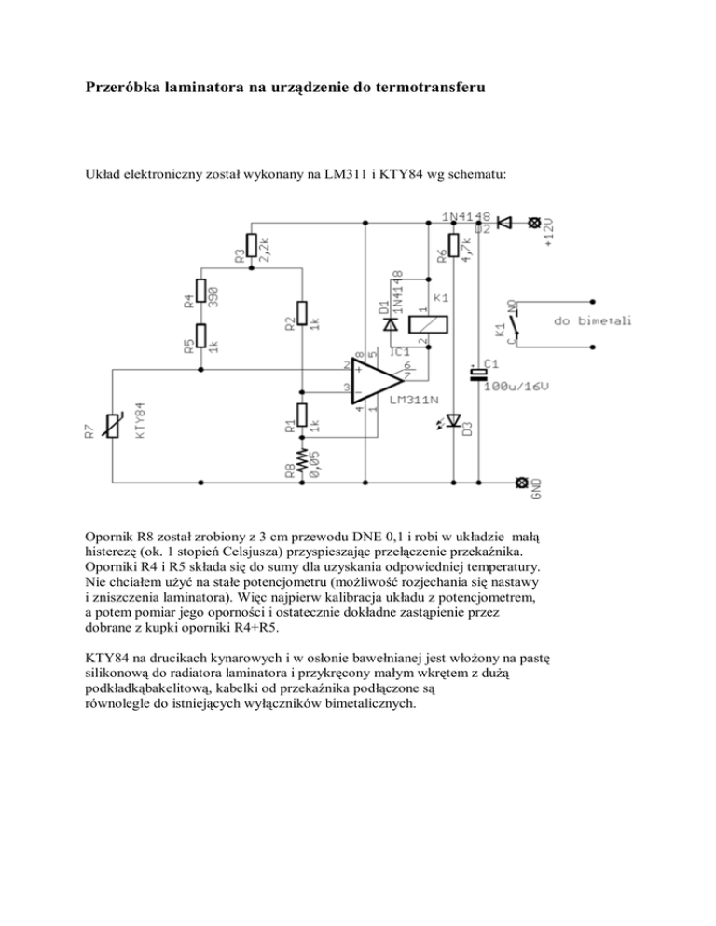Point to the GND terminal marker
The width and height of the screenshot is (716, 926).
point(522,483)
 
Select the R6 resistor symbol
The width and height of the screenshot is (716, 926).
point(454,246)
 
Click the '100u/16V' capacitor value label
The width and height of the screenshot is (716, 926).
point(518,387)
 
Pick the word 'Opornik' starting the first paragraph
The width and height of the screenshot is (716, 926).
point(99,538)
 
